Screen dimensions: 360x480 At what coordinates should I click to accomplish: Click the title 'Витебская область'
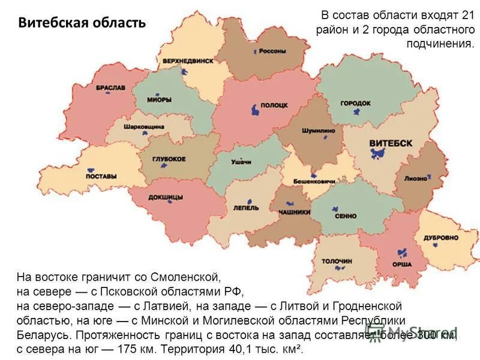point(82,23)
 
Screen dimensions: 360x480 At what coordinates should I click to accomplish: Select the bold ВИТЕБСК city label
point(391,143)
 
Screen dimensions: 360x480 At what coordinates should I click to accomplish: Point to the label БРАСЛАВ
point(110,88)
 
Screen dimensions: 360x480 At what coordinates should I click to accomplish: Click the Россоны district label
point(272,51)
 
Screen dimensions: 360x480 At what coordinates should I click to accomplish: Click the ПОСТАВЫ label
point(101,176)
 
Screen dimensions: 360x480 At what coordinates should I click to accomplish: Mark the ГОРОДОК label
point(355,103)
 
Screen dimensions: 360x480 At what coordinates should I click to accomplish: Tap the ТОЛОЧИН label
point(337,261)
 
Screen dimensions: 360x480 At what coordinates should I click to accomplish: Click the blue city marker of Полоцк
point(256,110)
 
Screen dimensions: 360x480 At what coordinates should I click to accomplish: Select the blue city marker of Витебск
point(378,154)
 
